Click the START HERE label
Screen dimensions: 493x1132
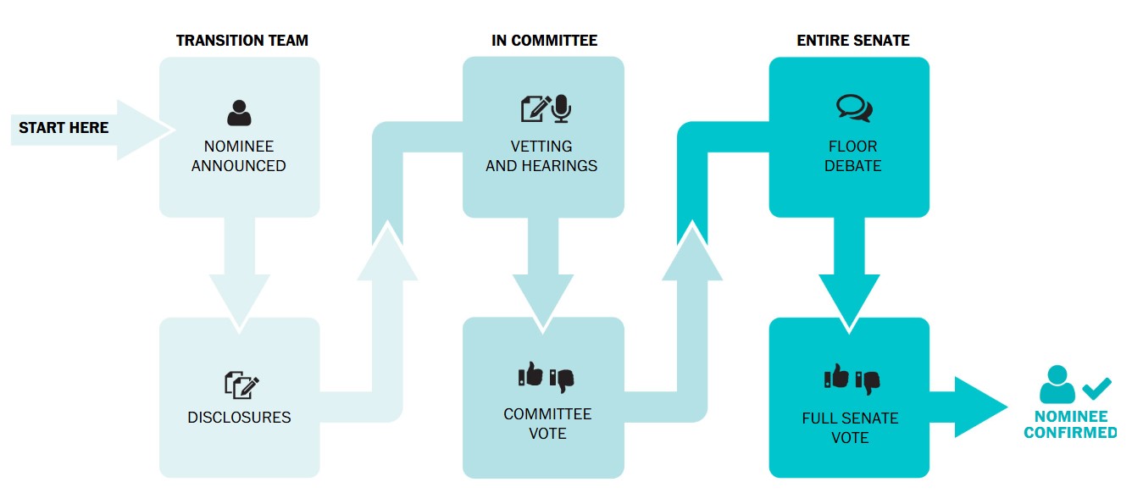point(64,128)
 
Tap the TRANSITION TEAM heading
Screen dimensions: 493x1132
point(242,41)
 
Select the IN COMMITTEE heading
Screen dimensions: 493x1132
point(544,41)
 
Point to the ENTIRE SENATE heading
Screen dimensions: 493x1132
point(852,41)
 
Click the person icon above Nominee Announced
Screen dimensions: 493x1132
point(239,113)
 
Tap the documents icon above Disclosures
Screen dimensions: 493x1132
point(241,385)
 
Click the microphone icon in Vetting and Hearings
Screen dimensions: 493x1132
point(562,108)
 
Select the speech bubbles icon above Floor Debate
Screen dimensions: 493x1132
point(853,108)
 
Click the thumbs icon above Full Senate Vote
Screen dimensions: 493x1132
point(852,378)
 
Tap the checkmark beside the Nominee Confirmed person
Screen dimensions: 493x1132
point(1096,388)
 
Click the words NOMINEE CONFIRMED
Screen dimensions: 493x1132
point(1070,424)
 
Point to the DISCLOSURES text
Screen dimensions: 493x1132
point(239,418)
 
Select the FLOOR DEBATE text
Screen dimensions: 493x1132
point(852,156)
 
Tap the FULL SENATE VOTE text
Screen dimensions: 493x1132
point(850,428)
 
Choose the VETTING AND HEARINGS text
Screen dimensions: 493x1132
point(541,156)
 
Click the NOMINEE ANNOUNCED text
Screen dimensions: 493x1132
point(239,156)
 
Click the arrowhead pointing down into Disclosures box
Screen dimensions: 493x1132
point(239,301)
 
